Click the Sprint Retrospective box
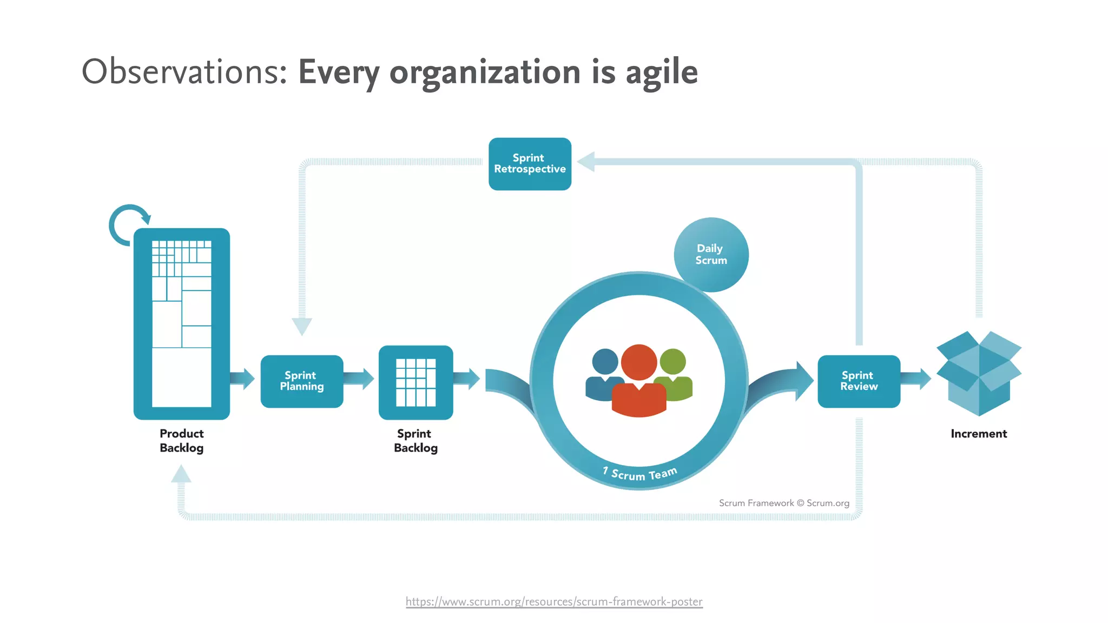[x=530, y=164]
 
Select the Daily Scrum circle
[x=711, y=255]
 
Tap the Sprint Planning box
[x=302, y=381]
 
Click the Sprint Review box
[x=859, y=381]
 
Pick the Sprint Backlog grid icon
[x=415, y=382]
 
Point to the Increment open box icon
[x=979, y=373]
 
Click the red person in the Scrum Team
[x=639, y=384]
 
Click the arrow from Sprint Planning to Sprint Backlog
[x=359, y=379]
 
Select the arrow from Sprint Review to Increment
[x=916, y=379]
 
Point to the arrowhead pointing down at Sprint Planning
[x=302, y=326]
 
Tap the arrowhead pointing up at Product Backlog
[x=181, y=474]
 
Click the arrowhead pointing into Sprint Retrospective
[x=586, y=162]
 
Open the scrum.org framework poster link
[x=554, y=601]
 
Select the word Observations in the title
[x=184, y=71]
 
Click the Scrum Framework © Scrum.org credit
[x=784, y=503]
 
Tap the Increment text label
[x=979, y=434]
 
